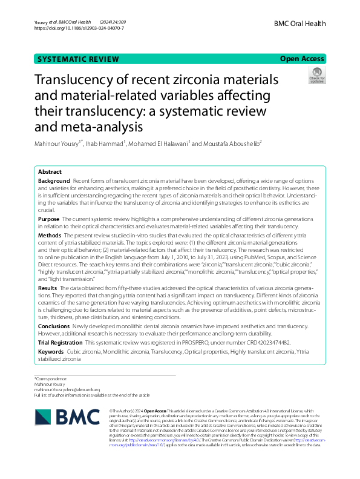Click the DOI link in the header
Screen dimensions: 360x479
79,28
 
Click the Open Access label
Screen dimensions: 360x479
302,59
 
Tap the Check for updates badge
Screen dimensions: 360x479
316,76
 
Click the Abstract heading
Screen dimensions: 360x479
50,172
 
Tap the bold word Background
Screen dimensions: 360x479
54,182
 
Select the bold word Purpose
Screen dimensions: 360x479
49,219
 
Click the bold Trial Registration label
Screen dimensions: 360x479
60,342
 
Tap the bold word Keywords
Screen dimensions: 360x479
51,351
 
